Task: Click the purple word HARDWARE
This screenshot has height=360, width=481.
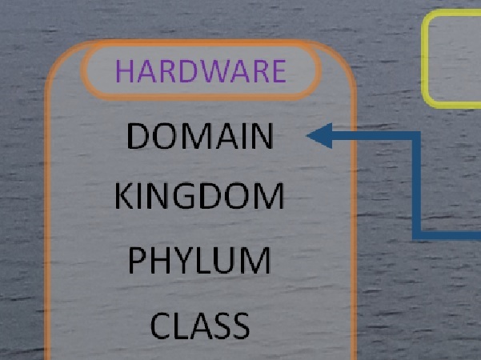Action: point(201,72)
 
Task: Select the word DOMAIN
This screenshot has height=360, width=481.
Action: point(200,137)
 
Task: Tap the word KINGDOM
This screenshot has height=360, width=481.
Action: point(199,197)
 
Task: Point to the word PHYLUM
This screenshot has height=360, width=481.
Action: point(199,262)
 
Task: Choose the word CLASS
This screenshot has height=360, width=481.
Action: point(200,326)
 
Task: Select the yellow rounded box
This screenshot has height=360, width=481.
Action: point(453,58)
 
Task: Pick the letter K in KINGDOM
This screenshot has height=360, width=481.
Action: point(124,197)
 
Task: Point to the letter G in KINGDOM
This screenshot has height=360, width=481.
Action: point(187,197)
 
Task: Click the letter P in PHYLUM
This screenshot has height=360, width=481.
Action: point(138,262)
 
